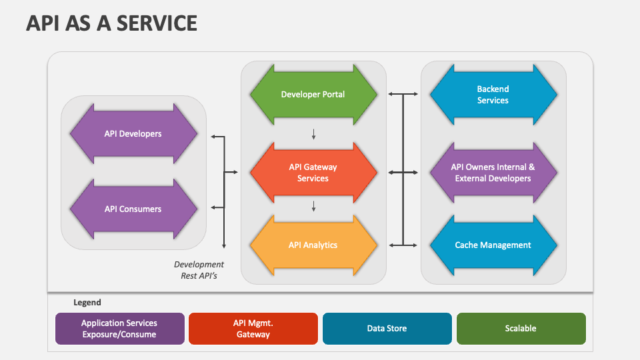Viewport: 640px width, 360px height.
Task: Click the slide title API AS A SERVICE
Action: (x=111, y=23)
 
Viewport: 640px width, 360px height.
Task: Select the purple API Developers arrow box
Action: (x=133, y=133)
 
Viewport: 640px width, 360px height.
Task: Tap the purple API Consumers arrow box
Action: (x=133, y=209)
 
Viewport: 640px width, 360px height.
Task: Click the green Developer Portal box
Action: (x=313, y=94)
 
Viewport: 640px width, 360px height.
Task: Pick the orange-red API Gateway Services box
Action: (x=313, y=173)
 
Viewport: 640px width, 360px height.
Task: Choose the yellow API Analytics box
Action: (x=313, y=245)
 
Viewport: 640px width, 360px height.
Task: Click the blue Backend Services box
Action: (x=493, y=94)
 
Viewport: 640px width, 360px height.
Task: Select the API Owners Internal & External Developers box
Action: (x=493, y=173)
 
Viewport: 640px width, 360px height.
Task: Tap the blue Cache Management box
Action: (x=493, y=245)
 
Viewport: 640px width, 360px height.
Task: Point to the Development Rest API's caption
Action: (x=199, y=270)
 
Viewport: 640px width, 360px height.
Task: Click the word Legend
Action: (x=87, y=303)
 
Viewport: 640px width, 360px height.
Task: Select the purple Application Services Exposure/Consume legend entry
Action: (x=120, y=329)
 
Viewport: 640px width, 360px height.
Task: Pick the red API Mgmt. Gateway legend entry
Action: (x=253, y=329)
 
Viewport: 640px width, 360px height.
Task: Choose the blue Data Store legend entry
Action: (x=387, y=329)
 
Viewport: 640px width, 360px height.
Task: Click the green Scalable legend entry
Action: (x=521, y=329)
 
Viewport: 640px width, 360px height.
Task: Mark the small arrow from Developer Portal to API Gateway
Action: (x=313, y=135)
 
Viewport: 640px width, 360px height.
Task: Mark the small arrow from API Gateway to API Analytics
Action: (x=313, y=207)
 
